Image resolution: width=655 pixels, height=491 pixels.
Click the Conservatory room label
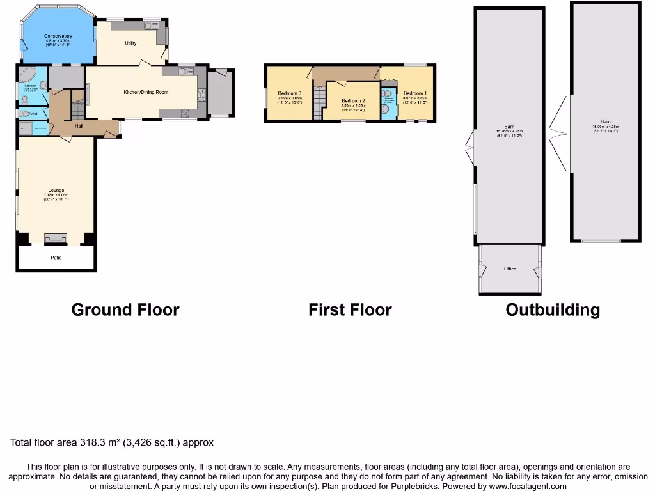(58, 36)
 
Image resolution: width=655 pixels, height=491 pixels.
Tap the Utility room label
(130, 43)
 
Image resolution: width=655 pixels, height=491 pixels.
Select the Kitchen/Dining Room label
(146, 92)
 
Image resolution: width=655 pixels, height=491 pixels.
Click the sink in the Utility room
(152, 26)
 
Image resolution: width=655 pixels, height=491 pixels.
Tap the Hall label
(79, 126)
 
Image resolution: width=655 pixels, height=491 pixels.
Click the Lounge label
(56, 190)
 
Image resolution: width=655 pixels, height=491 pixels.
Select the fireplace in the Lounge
(55, 238)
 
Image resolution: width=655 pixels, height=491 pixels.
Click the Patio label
(56, 257)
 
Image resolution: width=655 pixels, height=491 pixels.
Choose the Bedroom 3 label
(289, 93)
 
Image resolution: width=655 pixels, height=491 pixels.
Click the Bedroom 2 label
(353, 101)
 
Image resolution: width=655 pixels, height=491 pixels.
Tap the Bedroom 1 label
(414, 93)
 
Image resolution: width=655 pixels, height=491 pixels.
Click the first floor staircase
(318, 102)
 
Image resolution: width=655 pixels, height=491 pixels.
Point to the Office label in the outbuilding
(510, 269)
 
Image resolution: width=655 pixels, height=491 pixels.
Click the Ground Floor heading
(125, 310)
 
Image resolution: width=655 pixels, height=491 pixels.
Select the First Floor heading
(350, 310)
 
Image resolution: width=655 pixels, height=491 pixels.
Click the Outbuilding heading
(553, 310)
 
